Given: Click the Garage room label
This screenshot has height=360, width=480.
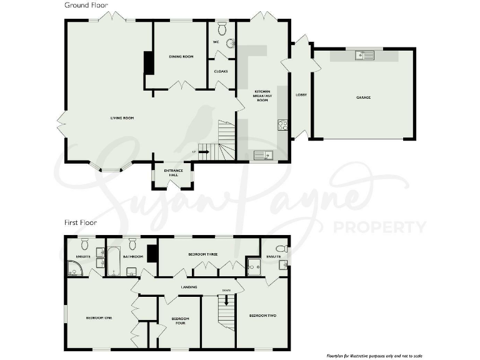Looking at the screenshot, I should pos(363,97).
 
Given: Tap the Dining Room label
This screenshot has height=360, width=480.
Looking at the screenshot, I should pos(181,57).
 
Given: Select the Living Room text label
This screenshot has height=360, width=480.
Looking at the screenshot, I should pos(122,117).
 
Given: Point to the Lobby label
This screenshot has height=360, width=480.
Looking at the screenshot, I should pos(301,95).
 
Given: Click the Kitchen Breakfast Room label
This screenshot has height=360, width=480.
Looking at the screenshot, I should pos(262,96).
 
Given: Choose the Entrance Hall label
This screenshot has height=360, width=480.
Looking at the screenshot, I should pos(172,172).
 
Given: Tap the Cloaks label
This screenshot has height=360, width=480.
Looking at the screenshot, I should pos(221,71).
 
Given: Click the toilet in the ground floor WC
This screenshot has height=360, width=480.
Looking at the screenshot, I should pos(222,29).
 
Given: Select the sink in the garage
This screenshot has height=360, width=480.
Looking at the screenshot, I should pos(364,56).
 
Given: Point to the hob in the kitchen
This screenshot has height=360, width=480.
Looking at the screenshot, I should pos(282,124).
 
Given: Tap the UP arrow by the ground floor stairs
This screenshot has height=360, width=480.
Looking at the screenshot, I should pos(202,152).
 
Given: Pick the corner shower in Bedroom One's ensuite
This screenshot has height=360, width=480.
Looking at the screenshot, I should pos(75,268).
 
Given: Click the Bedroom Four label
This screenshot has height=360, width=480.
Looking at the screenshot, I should pos(180,321).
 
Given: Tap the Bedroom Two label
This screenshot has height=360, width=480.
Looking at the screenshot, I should pos(262,316).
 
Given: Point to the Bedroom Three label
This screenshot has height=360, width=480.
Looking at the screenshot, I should pos(202,254).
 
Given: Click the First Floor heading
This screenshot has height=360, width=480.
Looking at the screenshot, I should pos(79,222).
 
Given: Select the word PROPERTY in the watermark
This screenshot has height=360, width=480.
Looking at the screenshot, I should pos(381,226).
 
